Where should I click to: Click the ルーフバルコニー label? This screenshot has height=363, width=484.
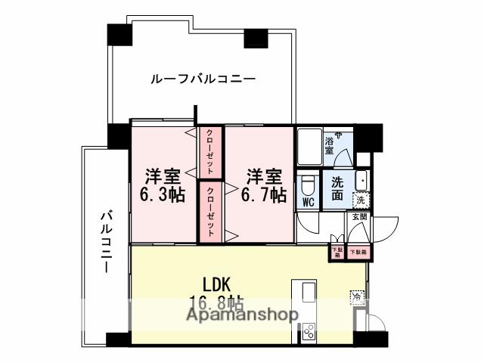pyautogui.click(x=202, y=78)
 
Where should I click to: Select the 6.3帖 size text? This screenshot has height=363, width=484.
pyautogui.click(x=163, y=194)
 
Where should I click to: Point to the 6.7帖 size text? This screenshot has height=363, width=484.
pyautogui.click(x=262, y=194)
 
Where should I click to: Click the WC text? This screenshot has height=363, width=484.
pyautogui.click(x=309, y=203)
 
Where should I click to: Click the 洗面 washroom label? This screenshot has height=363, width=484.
pyautogui.click(x=337, y=189)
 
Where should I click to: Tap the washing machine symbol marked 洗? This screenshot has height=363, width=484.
pyautogui.click(x=361, y=201)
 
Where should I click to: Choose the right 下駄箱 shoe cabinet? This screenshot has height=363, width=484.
pyautogui.click(x=357, y=251)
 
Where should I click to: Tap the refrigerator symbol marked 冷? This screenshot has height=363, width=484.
pyautogui.click(x=355, y=297)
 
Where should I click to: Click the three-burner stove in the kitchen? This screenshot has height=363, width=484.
pyautogui.click(x=309, y=330)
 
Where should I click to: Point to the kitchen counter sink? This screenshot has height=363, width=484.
pyautogui.click(x=309, y=293)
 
